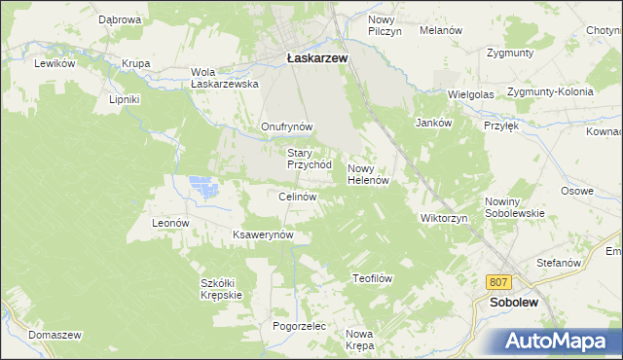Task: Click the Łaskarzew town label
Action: [317, 57]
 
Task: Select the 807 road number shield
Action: [499, 282]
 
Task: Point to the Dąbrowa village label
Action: [121, 19]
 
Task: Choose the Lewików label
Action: [55, 63]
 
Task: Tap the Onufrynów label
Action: [286, 126]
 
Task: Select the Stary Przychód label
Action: [310, 159]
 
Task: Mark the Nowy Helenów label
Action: [369, 174]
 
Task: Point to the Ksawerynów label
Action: [263, 235]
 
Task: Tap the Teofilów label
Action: [371, 278]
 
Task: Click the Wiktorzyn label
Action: [444, 218]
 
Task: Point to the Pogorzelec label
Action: [298, 326]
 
